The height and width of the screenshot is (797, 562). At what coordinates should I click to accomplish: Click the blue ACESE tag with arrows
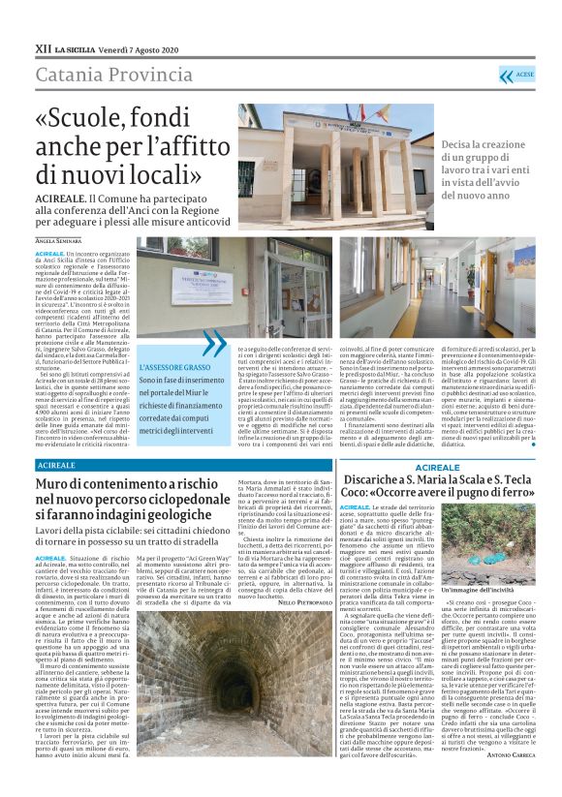(x=518, y=75)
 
